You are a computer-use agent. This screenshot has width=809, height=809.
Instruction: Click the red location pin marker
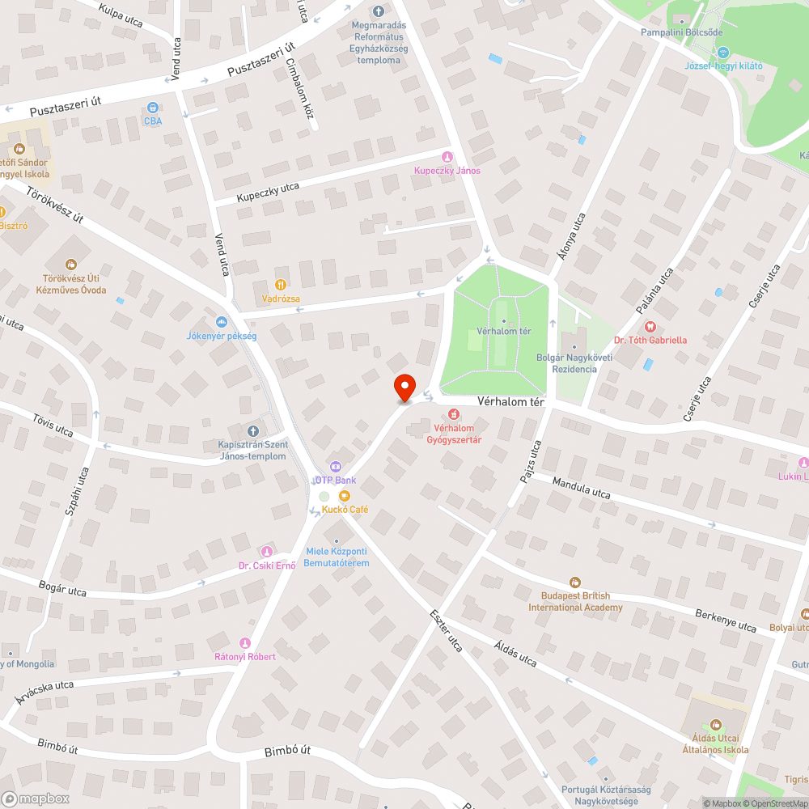click(404, 388)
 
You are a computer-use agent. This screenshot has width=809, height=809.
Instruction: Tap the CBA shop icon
click(152, 108)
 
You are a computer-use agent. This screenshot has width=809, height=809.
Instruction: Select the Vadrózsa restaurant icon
click(281, 285)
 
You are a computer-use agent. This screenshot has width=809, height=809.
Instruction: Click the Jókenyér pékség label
click(221, 335)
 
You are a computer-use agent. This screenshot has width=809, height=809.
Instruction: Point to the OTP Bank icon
click(335, 467)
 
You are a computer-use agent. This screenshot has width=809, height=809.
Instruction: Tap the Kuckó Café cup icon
click(345, 495)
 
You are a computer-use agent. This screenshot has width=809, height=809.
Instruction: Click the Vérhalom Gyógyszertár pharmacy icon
click(454, 414)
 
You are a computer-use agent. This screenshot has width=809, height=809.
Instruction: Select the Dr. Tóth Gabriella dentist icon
click(650, 326)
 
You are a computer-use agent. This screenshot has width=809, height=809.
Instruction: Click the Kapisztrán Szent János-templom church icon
click(252, 431)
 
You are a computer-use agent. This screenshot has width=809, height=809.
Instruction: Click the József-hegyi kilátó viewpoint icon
click(724, 52)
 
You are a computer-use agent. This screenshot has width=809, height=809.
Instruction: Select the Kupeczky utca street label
click(268, 192)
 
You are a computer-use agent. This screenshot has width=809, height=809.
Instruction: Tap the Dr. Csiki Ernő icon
click(267, 551)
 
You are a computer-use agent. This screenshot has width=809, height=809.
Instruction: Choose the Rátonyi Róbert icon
click(245, 642)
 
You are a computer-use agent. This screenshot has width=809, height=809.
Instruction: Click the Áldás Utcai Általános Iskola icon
click(715, 724)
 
